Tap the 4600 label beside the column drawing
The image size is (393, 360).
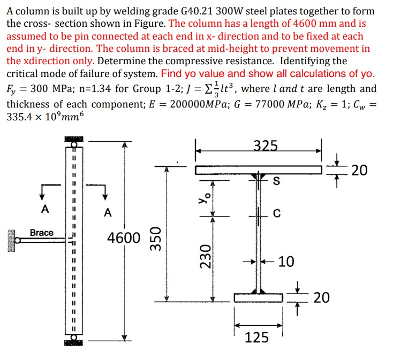[124, 237]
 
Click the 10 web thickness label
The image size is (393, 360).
[286, 262]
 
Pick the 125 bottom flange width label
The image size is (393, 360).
[257, 337]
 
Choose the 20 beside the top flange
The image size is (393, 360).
[360, 170]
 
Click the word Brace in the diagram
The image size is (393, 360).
[42, 233]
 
